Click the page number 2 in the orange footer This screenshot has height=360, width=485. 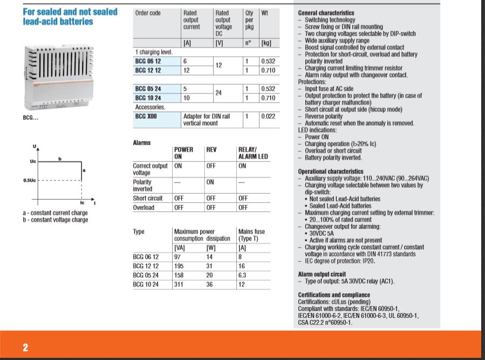coord(25,347)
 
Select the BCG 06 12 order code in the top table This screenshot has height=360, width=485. coord(147,62)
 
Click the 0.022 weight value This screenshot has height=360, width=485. coord(268,116)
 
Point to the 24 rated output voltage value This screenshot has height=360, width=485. coord(219,93)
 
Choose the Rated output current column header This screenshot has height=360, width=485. coord(192,20)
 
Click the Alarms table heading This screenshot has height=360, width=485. coord(142,143)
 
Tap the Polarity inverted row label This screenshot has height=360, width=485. coord(143,186)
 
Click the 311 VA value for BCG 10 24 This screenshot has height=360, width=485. coord(179,284)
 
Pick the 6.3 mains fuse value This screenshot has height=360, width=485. coord(243,275)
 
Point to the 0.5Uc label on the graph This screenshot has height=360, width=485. coord(30,180)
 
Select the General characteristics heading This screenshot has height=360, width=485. coord(326,13)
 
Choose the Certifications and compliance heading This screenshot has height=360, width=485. coord(333,295)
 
